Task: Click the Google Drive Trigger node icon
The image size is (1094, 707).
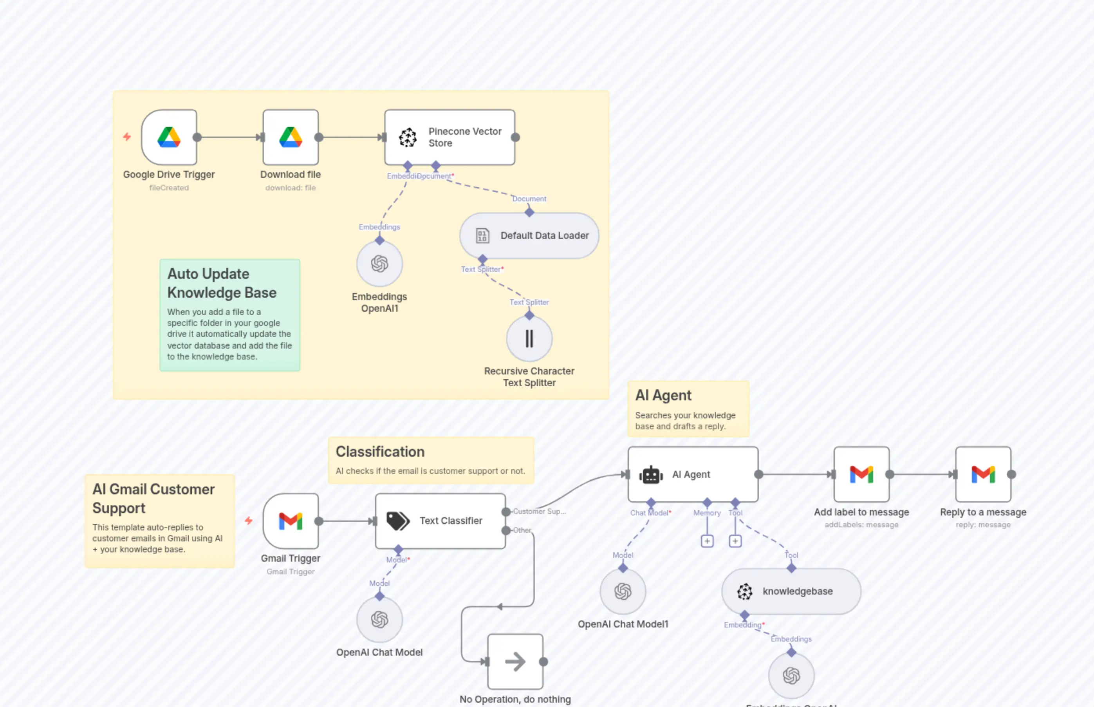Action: coord(169,137)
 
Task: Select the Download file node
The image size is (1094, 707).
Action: coord(291,137)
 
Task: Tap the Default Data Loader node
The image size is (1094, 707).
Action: coord(529,235)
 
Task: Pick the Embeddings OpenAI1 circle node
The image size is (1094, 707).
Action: coord(379,264)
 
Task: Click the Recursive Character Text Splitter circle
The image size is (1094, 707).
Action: coord(529,339)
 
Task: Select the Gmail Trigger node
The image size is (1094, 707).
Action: coord(291,521)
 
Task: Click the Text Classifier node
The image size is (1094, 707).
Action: coord(440,521)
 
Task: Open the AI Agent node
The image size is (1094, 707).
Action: coord(693,474)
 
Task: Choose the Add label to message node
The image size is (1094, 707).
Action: coord(861,474)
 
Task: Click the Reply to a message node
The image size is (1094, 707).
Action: coord(983,474)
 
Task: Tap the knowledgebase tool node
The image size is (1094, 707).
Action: coord(791,591)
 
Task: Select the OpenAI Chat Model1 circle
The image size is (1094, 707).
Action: coord(623,591)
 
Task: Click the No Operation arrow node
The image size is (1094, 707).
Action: coord(515,662)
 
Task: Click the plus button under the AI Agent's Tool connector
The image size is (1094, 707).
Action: coord(735,541)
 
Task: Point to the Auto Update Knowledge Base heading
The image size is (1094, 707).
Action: coord(222,283)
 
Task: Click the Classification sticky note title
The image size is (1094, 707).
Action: coord(380,452)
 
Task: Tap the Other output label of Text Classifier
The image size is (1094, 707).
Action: coord(522,530)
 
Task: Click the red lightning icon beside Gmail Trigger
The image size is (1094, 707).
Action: coord(249,521)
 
